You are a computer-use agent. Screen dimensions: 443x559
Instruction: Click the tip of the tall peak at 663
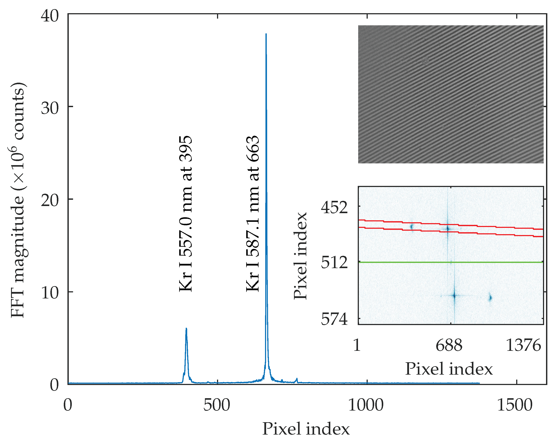266,34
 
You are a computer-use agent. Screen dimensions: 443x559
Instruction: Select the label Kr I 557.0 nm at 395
186,214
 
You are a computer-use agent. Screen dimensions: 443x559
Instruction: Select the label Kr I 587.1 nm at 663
252,214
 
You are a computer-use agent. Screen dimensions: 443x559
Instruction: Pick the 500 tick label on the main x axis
217,405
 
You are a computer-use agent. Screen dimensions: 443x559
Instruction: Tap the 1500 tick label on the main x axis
515,405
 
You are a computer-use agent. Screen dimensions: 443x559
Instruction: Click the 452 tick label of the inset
334,208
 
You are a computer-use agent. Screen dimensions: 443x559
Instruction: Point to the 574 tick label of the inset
334,319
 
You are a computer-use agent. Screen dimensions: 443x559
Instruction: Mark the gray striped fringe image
451,94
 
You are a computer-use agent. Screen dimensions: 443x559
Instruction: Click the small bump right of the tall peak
297,380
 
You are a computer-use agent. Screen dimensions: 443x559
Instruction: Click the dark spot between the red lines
447,229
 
